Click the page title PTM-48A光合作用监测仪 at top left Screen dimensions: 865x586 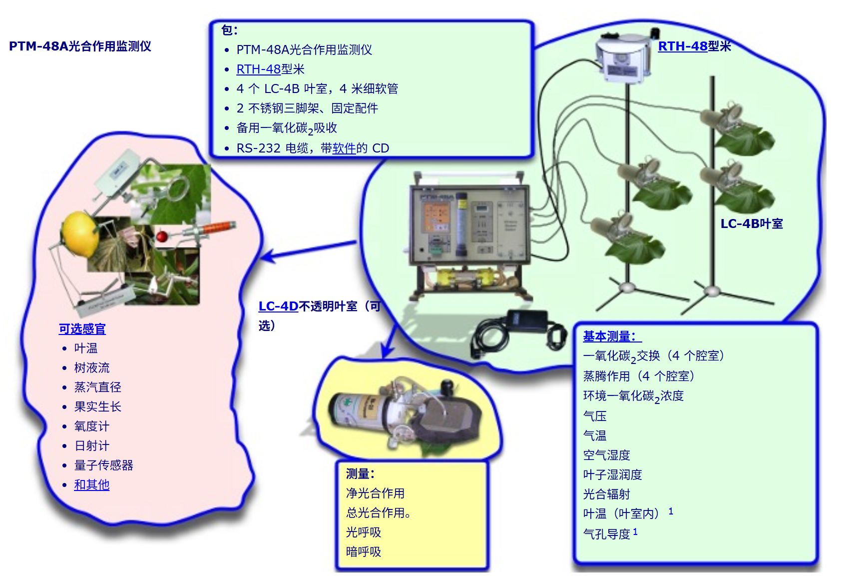click(x=80, y=46)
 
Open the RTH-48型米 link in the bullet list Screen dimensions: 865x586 click(x=270, y=69)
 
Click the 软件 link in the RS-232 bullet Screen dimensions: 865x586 click(x=344, y=148)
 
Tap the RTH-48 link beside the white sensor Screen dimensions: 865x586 click(x=683, y=46)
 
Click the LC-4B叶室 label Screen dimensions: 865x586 click(x=752, y=223)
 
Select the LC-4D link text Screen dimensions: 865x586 click(x=278, y=306)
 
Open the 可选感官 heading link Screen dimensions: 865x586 click(x=82, y=328)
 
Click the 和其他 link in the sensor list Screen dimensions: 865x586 click(x=92, y=484)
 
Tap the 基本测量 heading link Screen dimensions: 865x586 click(x=612, y=336)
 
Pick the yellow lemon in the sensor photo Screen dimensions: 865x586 click(x=79, y=233)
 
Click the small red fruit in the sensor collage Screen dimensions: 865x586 click(x=161, y=236)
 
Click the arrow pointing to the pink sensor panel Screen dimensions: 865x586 click(x=309, y=249)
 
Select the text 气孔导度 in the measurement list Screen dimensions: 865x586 click(x=607, y=534)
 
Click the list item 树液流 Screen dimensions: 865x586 click(x=92, y=367)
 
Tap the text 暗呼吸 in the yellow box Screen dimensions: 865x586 click(x=364, y=551)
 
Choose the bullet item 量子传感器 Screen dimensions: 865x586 click(x=104, y=465)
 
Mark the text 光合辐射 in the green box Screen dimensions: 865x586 click(x=607, y=494)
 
